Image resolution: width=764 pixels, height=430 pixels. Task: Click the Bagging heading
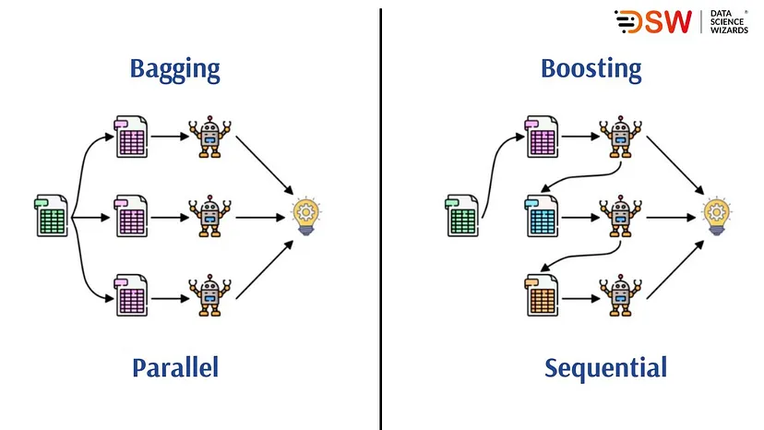pos(175,69)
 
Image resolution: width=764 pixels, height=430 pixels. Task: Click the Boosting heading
pos(591,69)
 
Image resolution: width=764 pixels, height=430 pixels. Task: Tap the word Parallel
pos(174,367)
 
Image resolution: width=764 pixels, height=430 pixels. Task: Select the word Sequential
pos(605,367)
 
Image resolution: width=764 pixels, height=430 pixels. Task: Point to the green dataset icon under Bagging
pos(52,217)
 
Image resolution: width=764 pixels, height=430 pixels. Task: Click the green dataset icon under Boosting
pos(461,217)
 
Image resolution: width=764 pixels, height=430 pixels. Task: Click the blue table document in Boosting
pos(542,218)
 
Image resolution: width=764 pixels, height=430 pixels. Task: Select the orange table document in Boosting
pos(542,296)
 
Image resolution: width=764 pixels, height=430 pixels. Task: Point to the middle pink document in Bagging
pos(132,218)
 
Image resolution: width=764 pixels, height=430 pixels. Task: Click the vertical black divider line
pos(380,221)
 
